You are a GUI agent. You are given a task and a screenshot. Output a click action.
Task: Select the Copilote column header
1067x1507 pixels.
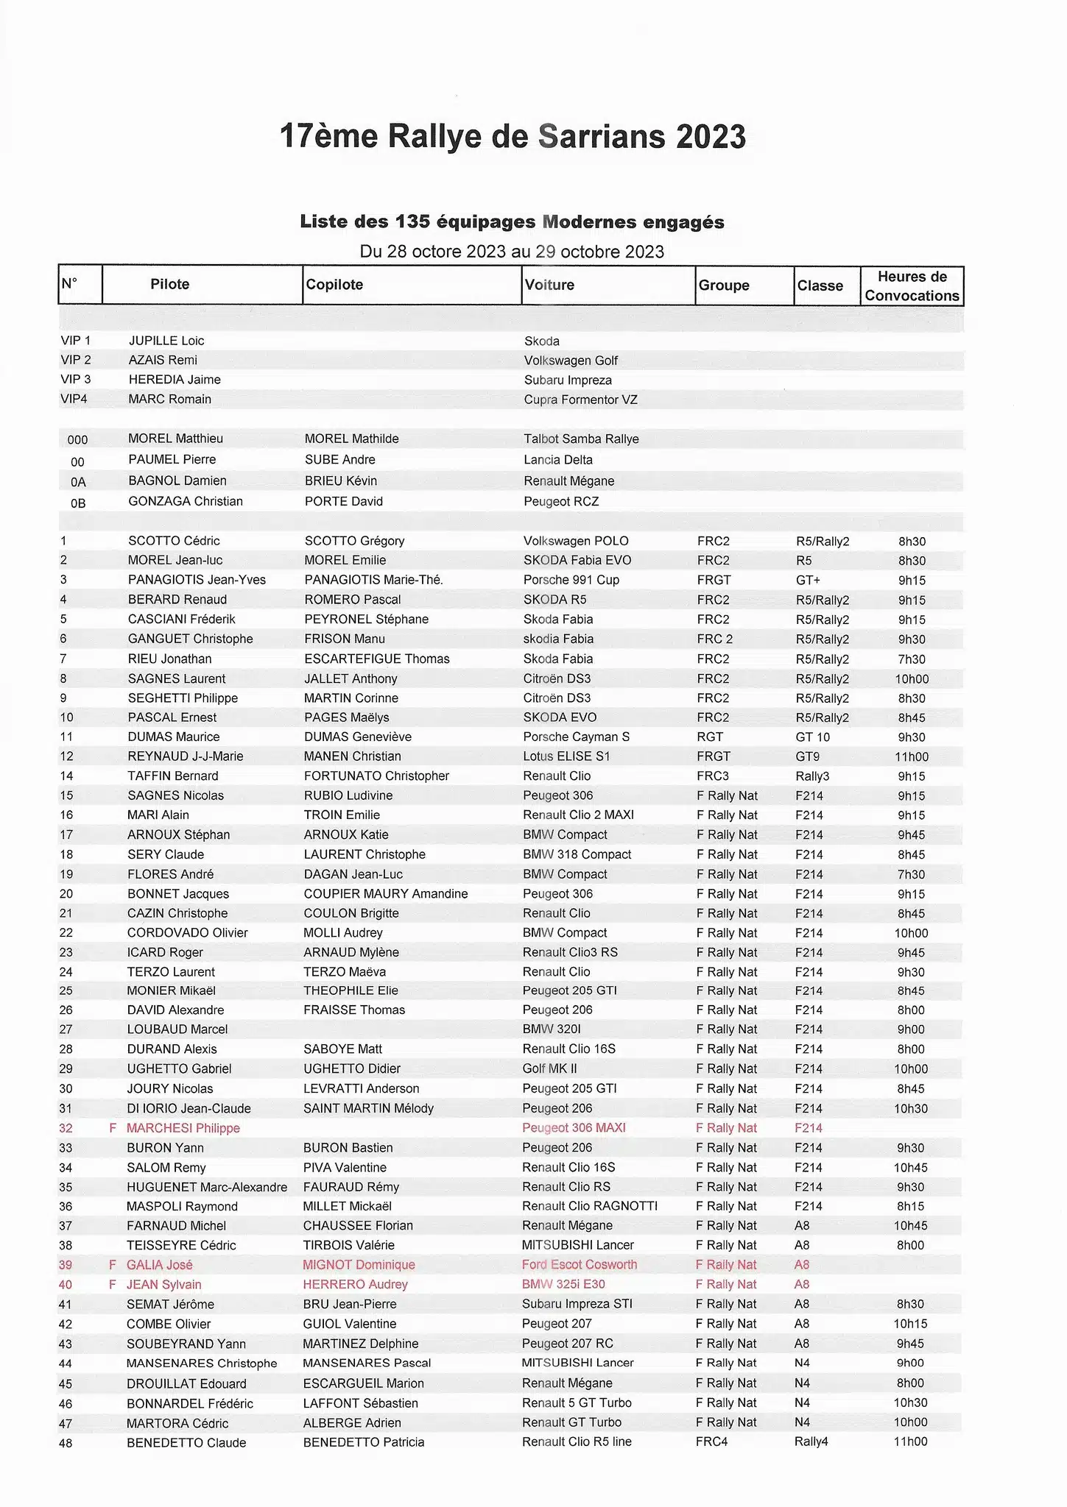pyautogui.click(x=334, y=285)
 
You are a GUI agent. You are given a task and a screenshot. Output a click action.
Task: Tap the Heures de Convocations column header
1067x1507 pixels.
pyautogui.click(x=912, y=286)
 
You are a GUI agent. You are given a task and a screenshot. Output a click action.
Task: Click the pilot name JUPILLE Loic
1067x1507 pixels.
pyautogui.click(x=166, y=341)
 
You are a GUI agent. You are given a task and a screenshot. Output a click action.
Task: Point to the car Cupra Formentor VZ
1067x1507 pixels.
pyautogui.click(x=580, y=400)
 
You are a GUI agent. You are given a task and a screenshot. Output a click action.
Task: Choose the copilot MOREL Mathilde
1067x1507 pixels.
pyautogui.click(x=351, y=439)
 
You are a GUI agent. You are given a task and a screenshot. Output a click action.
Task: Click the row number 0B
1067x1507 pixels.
pyautogui.click(x=77, y=503)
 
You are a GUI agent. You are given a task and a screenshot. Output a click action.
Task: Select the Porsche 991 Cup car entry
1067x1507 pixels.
pyautogui.click(x=571, y=580)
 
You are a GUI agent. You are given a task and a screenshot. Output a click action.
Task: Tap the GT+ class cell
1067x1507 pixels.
pyautogui.click(x=808, y=581)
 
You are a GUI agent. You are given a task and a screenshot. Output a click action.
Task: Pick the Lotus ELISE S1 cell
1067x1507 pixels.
pyautogui.click(x=566, y=756)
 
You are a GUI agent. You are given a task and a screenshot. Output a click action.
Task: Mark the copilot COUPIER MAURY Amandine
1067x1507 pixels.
pyautogui.click(x=385, y=893)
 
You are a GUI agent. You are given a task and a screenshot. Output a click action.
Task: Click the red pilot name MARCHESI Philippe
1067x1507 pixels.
pyautogui.click(x=183, y=1128)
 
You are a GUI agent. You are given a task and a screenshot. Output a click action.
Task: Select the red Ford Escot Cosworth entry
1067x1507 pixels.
pyautogui.click(x=579, y=1265)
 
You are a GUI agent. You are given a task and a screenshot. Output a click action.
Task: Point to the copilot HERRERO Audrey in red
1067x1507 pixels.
pyautogui.click(x=355, y=1284)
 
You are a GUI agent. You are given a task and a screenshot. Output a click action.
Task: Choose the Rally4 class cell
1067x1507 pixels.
pyautogui.click(x=811, y=1442)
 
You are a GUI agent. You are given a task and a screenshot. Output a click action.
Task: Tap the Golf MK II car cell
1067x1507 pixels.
pyautogui.click(x=549, y=1068)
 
